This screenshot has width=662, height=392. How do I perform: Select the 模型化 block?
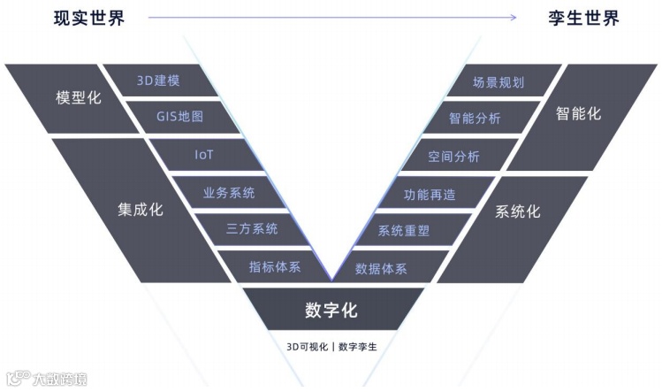[x=79, y=98]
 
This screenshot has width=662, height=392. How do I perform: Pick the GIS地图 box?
[x=181, y=117]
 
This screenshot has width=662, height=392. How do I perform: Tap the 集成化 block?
[x=141, y=210]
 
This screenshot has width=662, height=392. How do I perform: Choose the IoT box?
[x=205, y=155]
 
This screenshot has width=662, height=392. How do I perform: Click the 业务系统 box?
[x=228, y=191]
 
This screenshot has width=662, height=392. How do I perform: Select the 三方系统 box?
[x=252, y=228]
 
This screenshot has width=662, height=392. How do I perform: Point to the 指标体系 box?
[x=274, y=265]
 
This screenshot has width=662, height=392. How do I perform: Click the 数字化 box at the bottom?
[x=331, y=311]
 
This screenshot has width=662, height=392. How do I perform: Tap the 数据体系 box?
[x=381, y=267]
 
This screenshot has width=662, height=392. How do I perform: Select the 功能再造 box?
[x=429, y=193]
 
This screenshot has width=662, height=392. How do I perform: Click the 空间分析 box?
[x=453, y=156]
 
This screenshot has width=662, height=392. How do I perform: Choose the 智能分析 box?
[x=475, y=117]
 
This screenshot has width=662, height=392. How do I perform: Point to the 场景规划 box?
[x=498, y=82]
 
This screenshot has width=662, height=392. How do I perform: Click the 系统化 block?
[x=517, y=212]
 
